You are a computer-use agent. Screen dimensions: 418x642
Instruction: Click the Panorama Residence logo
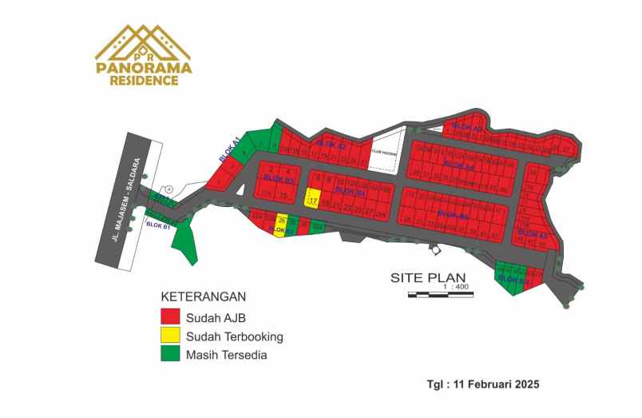[144, 55]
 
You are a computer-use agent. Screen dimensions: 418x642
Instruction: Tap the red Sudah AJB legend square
[170, 316]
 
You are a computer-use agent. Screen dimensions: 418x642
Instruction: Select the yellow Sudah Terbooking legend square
[170, 336]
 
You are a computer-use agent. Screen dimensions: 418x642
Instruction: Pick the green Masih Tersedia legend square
[170, 355]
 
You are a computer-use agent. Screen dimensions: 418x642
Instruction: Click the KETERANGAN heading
[203, 295]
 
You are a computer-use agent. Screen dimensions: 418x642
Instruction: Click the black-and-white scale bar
[440, 295]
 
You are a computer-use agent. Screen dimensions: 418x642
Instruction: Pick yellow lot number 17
[312, 201]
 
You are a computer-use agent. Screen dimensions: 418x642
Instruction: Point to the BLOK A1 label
[229, 149]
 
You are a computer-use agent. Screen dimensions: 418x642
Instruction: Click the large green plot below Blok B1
[185, 241]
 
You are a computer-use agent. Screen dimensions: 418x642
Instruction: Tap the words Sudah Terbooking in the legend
[235, 336]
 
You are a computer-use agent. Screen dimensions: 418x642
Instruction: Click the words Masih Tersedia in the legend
[227, 355]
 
